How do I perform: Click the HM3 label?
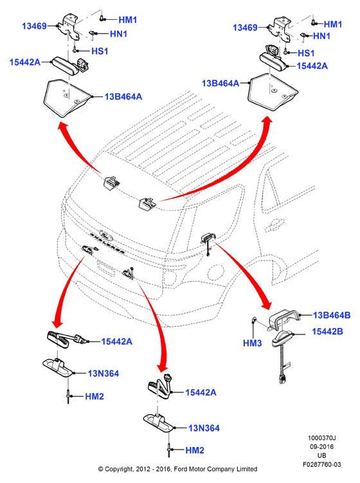pos(252,343)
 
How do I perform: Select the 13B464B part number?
pos(332,315)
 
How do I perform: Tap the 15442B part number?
pos(327,331)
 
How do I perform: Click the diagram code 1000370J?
pos(322,438)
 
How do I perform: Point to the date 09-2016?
pos(322,446)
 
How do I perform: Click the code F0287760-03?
pos(322,464)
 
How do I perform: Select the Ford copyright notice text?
pos(177,469)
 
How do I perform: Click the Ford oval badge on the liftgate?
pos(106,234)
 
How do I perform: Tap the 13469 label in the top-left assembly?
pos(34,26)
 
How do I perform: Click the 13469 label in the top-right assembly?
pos(245,28)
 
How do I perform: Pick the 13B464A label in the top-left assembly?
pos(123,96)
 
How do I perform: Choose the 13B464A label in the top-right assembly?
pos(221,83)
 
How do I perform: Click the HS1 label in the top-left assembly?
pos(100,51)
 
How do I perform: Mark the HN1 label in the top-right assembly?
pos(321,36)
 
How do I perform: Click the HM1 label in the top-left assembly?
pos(127,20)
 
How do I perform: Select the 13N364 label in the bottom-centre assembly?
pos(204,428)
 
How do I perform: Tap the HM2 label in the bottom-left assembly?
pos(94,396)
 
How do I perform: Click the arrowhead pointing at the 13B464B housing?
pos(267,304)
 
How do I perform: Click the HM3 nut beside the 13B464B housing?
pos(254,320)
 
